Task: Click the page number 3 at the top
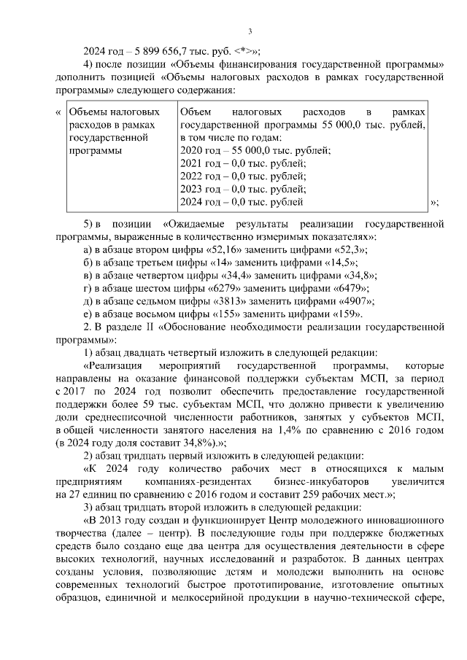(x=250, y=31)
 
